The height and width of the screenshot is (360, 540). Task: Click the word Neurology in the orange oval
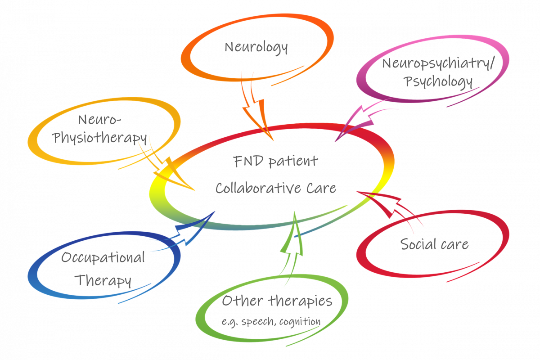256,47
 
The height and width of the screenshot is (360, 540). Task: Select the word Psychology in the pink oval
438,82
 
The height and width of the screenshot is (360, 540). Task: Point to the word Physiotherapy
100,138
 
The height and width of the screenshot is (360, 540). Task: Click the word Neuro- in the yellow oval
100,120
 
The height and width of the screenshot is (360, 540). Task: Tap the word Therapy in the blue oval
103,280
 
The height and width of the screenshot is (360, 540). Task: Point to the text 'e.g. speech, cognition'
271,321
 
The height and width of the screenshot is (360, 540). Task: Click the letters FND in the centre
248,161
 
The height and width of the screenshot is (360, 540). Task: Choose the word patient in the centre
293,161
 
